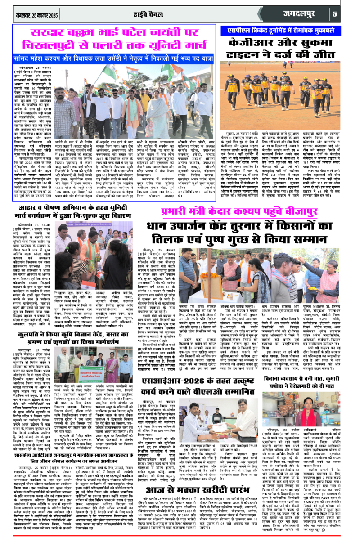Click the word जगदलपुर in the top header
point(301,13)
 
